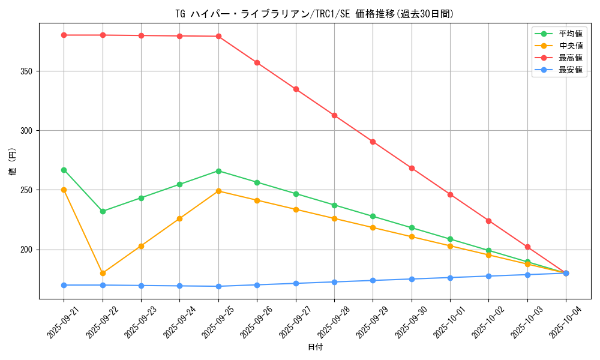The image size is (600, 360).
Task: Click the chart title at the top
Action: point(314,14)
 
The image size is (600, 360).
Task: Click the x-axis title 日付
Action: point(315,347)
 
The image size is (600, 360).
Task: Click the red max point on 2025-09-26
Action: point(257,62)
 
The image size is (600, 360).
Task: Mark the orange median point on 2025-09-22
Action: point(103,273)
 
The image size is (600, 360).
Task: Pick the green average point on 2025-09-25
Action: point(218,171)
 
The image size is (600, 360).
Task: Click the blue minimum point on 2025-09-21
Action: point(64,285)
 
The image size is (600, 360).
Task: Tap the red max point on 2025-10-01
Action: point(450,194)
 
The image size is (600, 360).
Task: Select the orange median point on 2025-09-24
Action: point(179,218)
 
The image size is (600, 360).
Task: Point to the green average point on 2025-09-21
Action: point(64,170)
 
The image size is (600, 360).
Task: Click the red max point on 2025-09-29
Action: point(373,142)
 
